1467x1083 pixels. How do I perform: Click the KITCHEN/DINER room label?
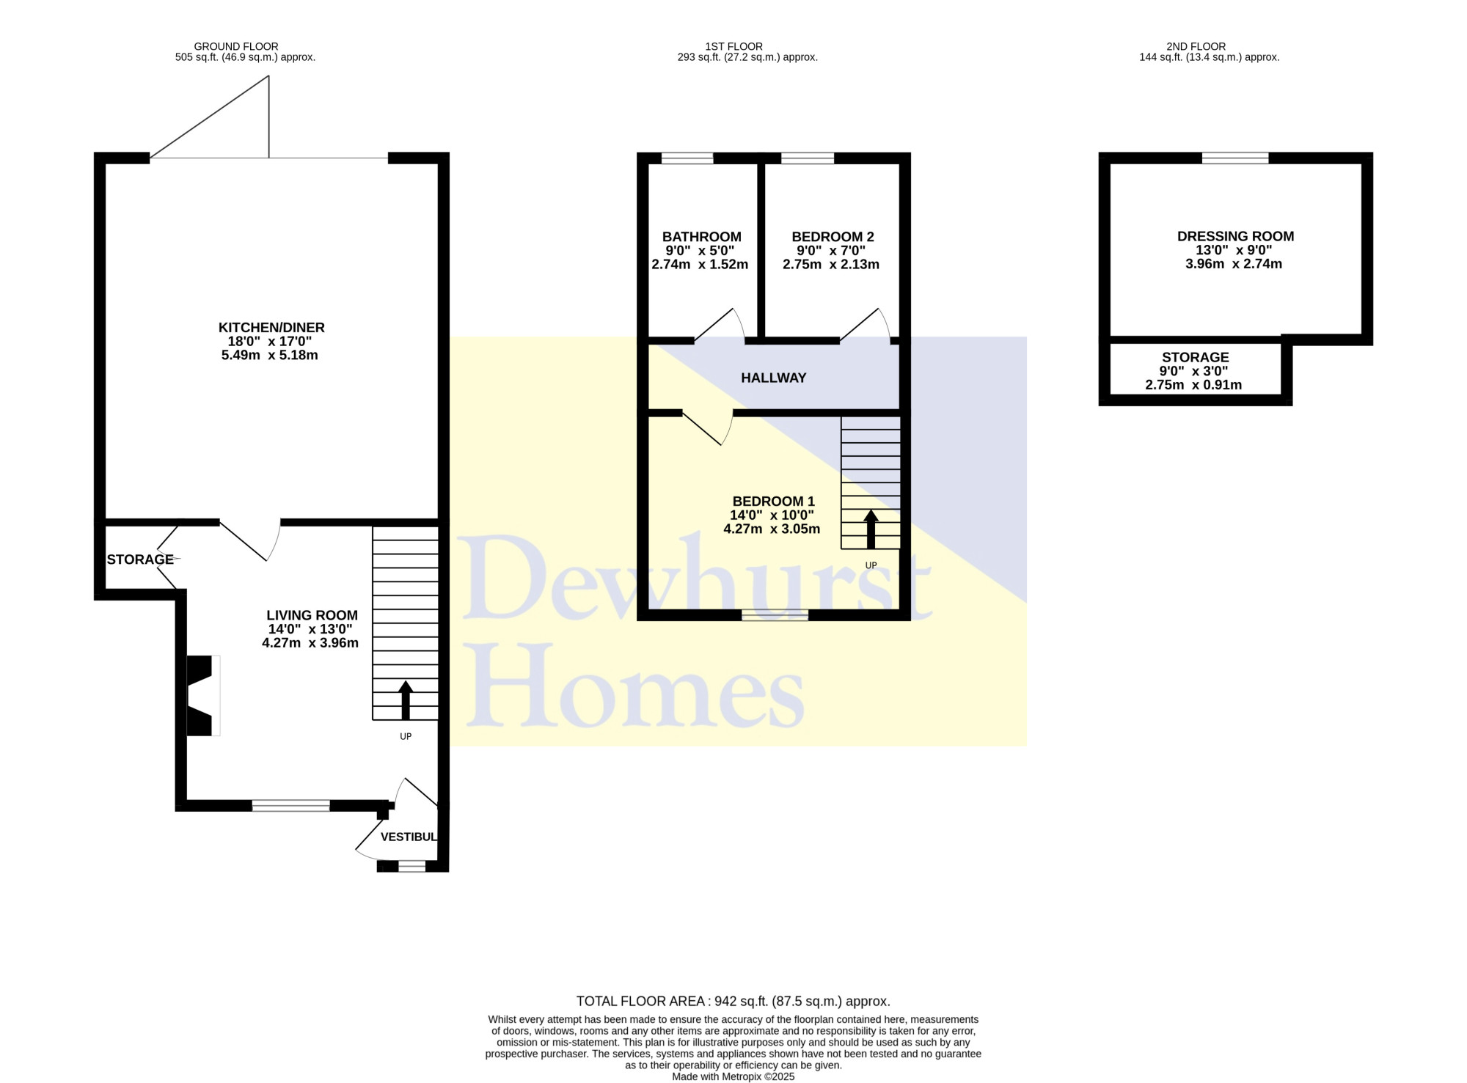(271, 328)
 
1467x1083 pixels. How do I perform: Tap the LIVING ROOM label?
(312, 615)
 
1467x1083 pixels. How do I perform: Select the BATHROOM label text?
(701, 237)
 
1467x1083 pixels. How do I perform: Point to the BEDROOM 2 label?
(833, 237)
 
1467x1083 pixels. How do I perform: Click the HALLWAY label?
(773, 378)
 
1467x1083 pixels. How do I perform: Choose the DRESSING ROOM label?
(1235, 236)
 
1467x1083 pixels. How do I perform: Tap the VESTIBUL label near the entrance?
(409, 837)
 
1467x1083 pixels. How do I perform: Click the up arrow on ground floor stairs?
(405, 700)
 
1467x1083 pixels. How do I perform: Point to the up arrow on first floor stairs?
(871, 529)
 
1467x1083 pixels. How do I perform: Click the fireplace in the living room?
(203, 695)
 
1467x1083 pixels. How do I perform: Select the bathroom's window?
(687, 158)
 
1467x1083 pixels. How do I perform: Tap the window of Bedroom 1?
(775, 614)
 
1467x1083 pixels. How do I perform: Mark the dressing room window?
(1235, 158)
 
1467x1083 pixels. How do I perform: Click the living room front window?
(290, 805)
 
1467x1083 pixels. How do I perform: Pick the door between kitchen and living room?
(250, 540)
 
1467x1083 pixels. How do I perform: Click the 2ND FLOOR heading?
(1196, 46)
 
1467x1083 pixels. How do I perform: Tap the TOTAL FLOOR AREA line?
(733, 1001)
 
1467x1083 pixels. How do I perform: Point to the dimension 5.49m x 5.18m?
(269, 356)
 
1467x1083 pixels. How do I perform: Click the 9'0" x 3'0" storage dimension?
(1193, 371)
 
